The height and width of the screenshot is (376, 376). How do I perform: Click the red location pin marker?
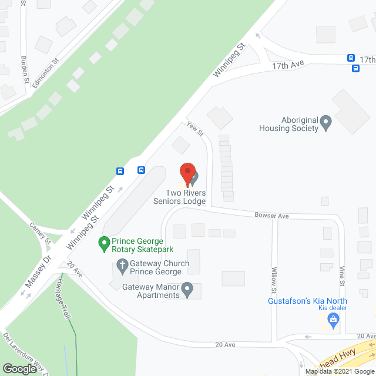pos(187,173)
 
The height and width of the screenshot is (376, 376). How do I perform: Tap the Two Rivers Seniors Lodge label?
pos(186,197)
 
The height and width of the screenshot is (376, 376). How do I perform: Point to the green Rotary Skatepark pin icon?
pos(104,242)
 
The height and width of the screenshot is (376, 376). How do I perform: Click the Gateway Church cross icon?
pos(122,267)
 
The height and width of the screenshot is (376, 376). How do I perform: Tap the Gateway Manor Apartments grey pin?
pos(187,290)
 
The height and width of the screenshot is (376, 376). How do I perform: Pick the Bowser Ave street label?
pos(271,216)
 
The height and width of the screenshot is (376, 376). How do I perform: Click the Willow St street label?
pos(274,280)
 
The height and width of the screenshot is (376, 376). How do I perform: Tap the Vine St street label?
pos(343,277)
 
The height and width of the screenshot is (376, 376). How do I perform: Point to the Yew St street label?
pos(195,129)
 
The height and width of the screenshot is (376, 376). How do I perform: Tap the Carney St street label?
pos(41,233)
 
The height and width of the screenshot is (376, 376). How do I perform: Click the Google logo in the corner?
pos(19,368)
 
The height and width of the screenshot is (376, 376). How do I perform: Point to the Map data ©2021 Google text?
pos(339,371)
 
